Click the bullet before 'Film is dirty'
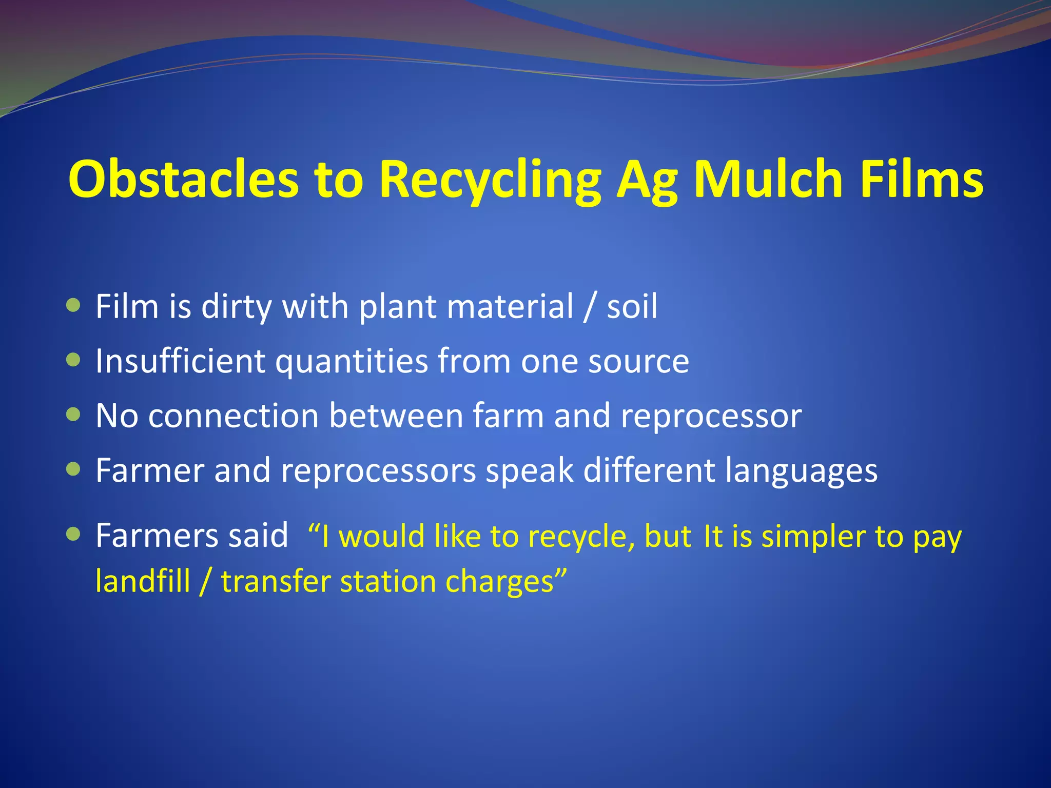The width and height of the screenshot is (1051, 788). click(x=74, y=306)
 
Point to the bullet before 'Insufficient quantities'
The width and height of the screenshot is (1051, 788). click(x=74, y=360)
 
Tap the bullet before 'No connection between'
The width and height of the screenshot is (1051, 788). click(x=74, y=415)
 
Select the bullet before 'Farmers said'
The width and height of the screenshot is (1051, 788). click(x=74, y=535)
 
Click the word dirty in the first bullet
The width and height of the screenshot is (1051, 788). click(x=236, y=307)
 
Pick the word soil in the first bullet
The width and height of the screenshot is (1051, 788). click(x=632, y=307)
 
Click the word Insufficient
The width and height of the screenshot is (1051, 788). click(x=180, y=361)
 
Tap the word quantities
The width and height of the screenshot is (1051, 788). click(x=352, y=362)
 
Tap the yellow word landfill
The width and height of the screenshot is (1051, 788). click(x=143, y=582)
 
